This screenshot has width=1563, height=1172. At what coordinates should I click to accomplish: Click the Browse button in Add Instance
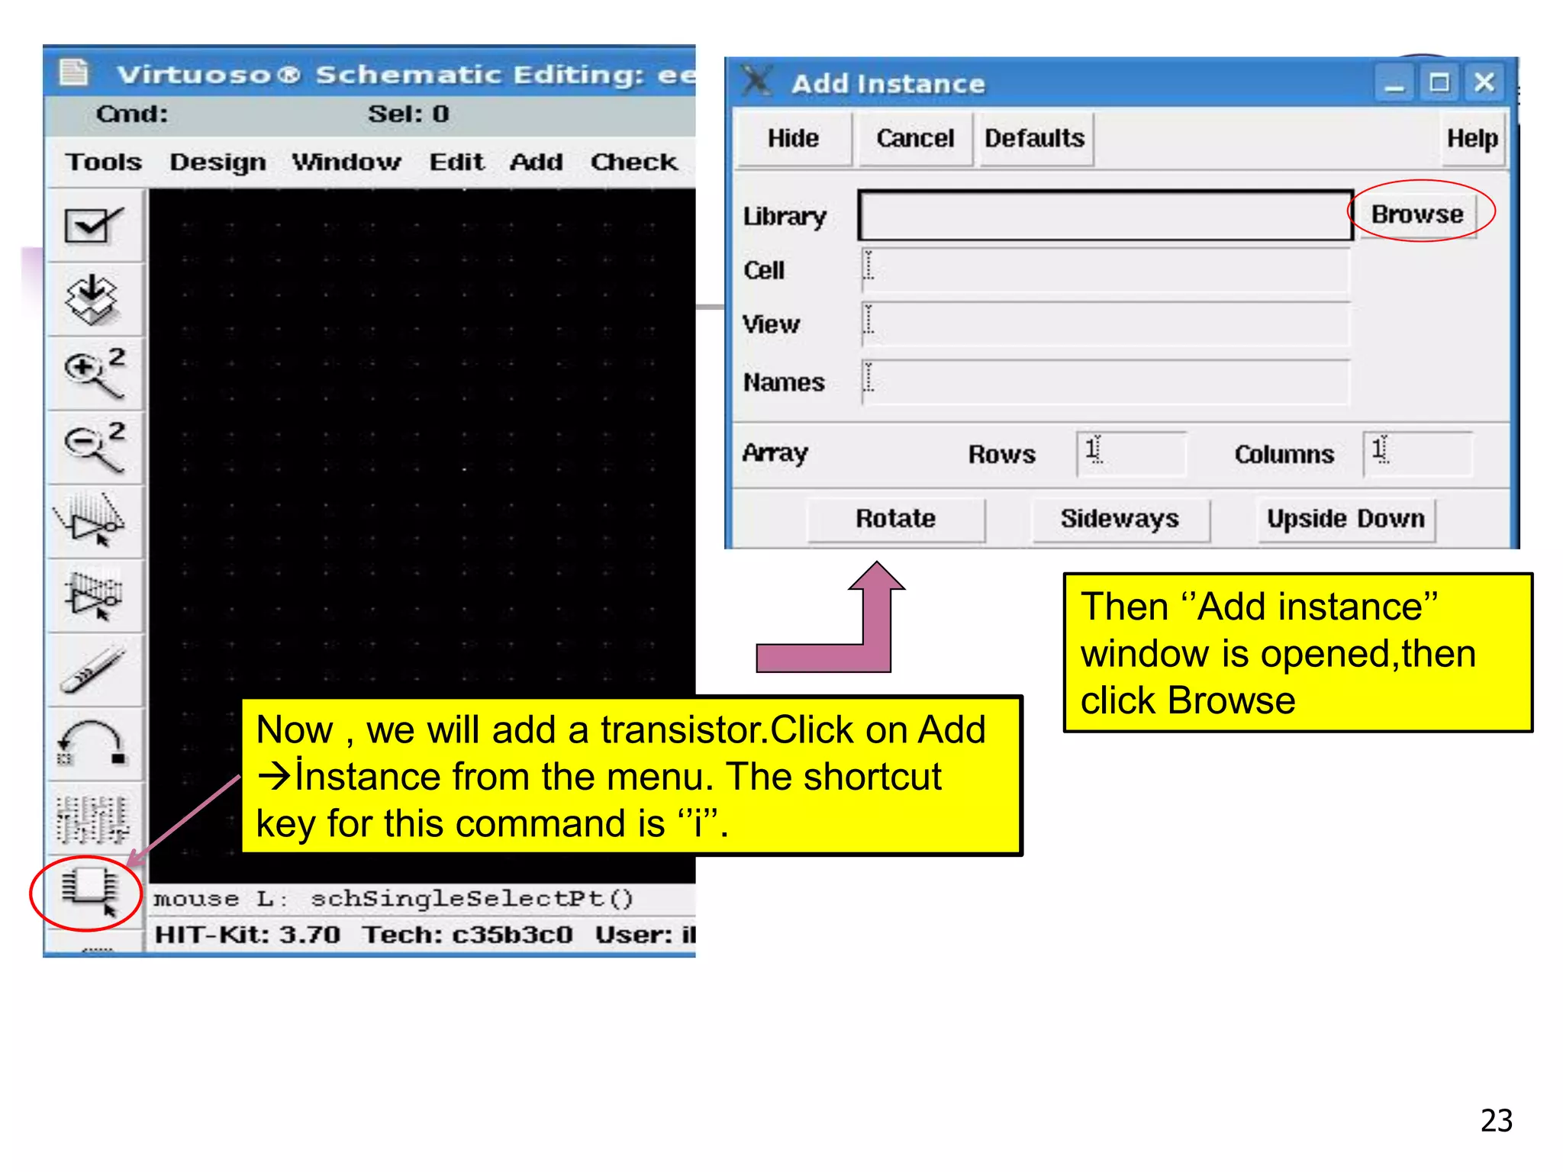(1417, 214)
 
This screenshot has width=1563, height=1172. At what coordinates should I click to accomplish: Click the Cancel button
(915, 138)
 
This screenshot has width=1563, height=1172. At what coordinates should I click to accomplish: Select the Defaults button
(1035, 138)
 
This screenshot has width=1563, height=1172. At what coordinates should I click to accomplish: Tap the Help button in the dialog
(1472, 138)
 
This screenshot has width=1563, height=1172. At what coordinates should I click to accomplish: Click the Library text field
(1104, 216)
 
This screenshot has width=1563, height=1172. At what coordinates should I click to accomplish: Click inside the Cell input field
(1104, 270)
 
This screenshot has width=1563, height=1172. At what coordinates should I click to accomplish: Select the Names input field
(1104, 382)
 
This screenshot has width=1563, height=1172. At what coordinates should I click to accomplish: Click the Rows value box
(1131, 453)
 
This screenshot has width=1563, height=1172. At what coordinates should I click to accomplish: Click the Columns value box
(1417, 453)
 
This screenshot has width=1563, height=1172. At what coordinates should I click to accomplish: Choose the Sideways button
(1120, 519)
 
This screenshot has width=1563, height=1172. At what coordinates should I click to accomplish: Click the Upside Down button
(1345, 519)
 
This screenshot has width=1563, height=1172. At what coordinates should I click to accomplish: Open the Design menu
(218, 163)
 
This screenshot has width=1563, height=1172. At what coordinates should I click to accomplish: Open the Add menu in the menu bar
(536, 163)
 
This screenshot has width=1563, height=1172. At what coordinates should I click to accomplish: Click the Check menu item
(633, 163)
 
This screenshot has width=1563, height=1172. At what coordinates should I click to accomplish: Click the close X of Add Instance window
(1484, 82)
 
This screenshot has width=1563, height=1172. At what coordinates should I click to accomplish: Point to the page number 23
(1496, 1120)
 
